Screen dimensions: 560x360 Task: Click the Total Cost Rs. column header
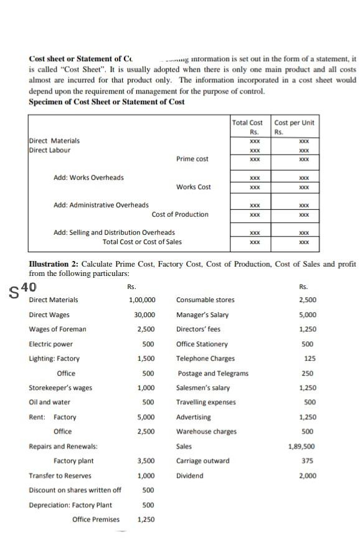tap(247, 126)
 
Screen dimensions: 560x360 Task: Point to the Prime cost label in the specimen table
tap(192, 159)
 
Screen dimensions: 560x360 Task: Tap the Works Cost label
tap(193, 187)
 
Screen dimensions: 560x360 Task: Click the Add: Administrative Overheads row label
tap(101, 205)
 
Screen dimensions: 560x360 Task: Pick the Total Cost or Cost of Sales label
tap(142, 242)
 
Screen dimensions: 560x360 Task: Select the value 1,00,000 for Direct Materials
tap(142, 300)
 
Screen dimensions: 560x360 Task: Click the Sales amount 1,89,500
tap(301, 447)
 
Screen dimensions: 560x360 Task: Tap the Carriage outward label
tap(202, 461)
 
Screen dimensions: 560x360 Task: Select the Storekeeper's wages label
tap(60, 388)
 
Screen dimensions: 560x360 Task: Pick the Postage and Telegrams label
tap(212, 373)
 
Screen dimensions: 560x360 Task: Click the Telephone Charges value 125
tap(307, 359)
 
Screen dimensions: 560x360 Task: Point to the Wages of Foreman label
tap(58, 330)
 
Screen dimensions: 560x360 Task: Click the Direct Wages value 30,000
tap(144, 315)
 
